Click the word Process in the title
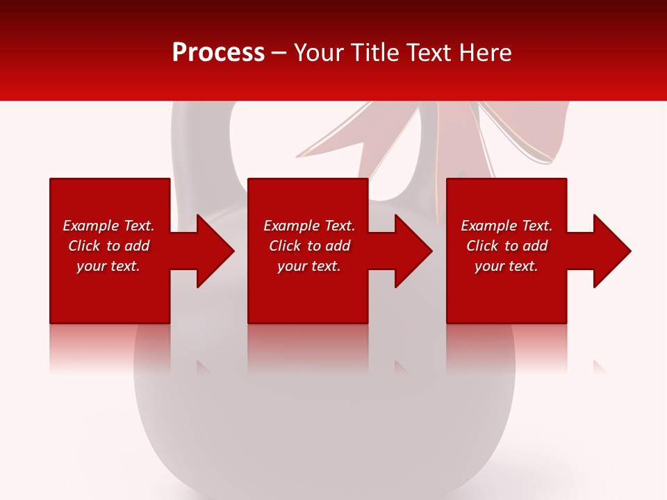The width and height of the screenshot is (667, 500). [x=218, y=52]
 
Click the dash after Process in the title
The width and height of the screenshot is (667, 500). [x=279, y=53]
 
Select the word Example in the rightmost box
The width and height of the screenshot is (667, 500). [x=484, y=226]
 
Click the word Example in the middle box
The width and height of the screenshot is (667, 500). [x=287, y=226]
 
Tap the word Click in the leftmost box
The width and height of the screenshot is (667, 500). [x=85, y=246]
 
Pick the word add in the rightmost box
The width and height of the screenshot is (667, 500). [x=536, y=246]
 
